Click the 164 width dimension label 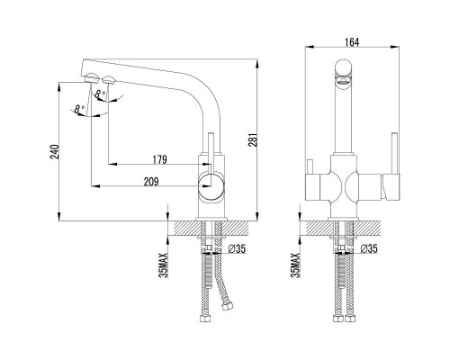click(352, 42)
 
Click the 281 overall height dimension click(253, 139)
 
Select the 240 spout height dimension click(55, 152)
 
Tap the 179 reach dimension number click(160, 159)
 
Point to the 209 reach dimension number click(151, 182)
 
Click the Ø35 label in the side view click(237, 248)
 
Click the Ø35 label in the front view click(369, 248)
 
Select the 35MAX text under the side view click(164, 265)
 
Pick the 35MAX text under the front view click(295, 265)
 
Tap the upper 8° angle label click(100, 94)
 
